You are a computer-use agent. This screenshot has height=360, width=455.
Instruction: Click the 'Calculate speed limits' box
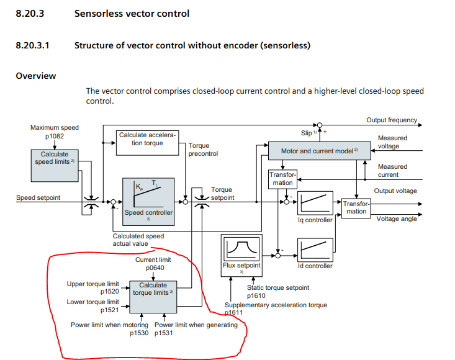[55, 158]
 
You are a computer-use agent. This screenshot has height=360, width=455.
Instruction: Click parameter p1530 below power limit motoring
[139, 333]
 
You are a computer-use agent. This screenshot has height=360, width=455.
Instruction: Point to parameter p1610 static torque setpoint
[259, 295]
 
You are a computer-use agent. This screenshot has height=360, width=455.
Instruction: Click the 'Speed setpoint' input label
[39, 198]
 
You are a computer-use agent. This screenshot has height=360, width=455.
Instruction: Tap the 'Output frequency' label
[392, 120]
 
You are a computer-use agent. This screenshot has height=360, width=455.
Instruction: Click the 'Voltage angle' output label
[397, 219]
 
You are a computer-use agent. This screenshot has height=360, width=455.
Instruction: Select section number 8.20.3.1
[35, 45]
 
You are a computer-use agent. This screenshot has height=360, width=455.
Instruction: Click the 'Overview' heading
[35, 76]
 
